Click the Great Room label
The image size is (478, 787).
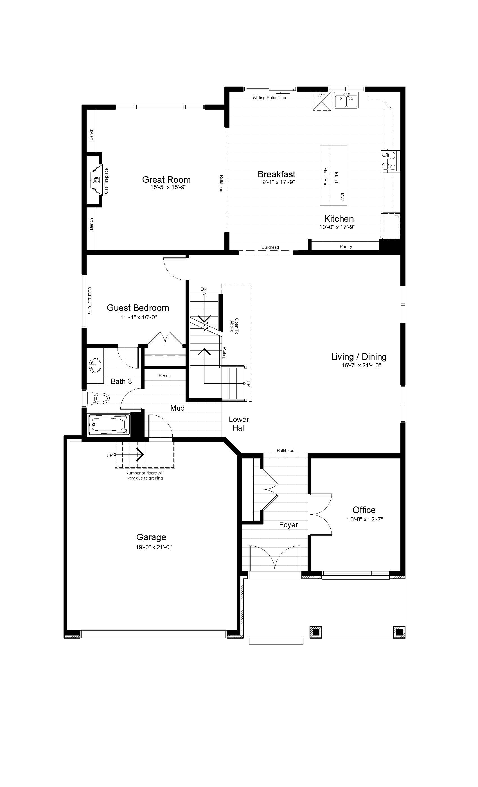[x=166, y=180]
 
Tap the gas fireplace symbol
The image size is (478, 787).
[x=96, y=180]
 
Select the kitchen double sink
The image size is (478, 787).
[x=346, y=100]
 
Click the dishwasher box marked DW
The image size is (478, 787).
[x=321, y=100]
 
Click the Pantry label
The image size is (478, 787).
[x=346, y=246]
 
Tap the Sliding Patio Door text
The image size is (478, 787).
[x=269, y=98]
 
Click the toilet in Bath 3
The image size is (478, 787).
[x=99, y=398]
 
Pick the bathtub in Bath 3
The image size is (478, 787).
[x=109, y=424]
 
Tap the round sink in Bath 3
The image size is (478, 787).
[x=95, y=365]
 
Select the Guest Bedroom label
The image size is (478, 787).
[x=138, y=308]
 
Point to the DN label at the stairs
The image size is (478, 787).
[x=204, y=289]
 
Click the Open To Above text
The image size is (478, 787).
[x=234, y=325]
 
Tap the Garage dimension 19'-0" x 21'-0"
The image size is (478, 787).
[x=154, y=547]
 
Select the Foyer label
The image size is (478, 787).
[x=288, y=524]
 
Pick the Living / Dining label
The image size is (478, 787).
[x=358, y=357]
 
